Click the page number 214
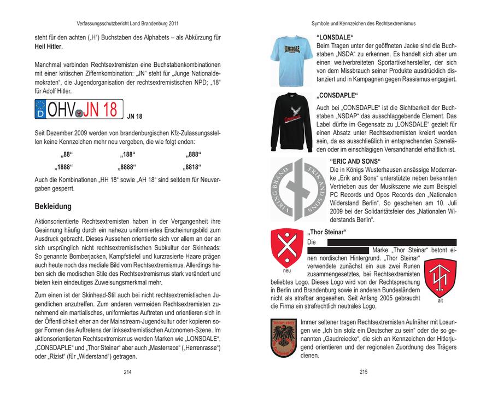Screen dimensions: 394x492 click(x=128, y=372)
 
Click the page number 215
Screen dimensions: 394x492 click(x=364, y=372)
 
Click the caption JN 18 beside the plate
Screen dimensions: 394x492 click(x=134, y=117)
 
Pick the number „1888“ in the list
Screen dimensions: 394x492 click(x=64, y=166)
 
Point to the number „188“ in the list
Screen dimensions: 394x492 click(x=128, y=154)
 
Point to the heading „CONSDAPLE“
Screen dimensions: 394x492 click(x=337, y=95)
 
